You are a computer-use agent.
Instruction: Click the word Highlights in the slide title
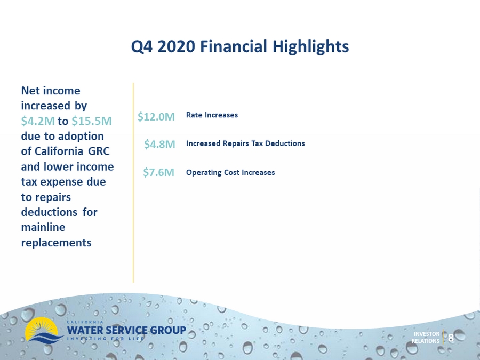[x=310, y=47]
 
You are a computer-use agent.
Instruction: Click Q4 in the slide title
[x=142, y=47]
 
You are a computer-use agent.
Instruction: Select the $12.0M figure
[x=156, y=117]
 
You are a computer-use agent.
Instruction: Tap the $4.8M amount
[x=159, y=144]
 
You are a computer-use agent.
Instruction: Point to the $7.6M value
[x=158, y=172]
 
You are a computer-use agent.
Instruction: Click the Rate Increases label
[x=212, y=115]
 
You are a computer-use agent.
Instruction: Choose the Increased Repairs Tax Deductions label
[x=245, y=143]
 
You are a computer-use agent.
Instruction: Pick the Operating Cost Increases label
[x=230, y=172]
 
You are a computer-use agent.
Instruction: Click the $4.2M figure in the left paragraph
[x=38, y=121]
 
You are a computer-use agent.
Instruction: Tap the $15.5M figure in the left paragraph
[x=92, y=121]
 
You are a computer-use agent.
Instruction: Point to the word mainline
[x=43, y=227]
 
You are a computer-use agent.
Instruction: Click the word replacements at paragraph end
[x=57, y=243]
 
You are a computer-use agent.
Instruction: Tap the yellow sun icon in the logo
[x=41, y=329]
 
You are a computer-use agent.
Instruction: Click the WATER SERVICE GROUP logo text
[x=126, y=330]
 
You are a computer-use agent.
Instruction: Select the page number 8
[x=451, y=338]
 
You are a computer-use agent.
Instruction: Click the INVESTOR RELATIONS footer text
[x=426, y=338]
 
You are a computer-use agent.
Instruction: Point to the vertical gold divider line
[x=133, y=182]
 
